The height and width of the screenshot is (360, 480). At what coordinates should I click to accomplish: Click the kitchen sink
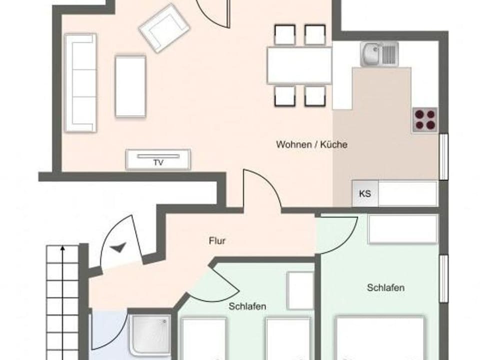click(x=379, y=54)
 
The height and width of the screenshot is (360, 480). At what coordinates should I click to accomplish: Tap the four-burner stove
click(x=424, y=119)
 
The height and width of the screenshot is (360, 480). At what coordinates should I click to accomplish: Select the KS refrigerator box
click(x=365, y=193)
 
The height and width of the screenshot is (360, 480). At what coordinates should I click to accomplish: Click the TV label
click(x=158, y=162)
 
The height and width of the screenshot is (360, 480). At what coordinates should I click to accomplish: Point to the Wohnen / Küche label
click(x=311, y=145)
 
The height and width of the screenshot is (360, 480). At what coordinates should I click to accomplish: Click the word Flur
click(x=217, y=241)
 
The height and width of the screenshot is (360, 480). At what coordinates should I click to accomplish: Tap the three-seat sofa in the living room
click(x=80, y=82)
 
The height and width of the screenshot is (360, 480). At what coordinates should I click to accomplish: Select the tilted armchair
click(x=164, y=28)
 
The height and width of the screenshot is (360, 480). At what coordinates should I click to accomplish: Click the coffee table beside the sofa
click(x=130, y=86)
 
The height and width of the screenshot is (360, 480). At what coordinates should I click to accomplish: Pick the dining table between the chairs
click(x=299, y=65)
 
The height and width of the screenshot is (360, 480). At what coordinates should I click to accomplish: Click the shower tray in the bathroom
click(x=150, y=334)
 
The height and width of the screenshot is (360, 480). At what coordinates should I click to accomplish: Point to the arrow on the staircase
click(x=62, y=250)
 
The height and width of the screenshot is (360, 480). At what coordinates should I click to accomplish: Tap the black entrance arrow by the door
click(x=119, y=247)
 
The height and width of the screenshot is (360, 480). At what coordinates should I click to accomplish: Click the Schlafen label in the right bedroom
click(x=385, y=287)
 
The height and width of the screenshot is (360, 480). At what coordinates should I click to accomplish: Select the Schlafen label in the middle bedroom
click(x=247, y=306)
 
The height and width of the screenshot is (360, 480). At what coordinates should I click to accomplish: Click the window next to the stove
click(x=443, y=156)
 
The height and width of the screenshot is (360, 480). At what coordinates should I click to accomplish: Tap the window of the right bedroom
click(x=443, y=278)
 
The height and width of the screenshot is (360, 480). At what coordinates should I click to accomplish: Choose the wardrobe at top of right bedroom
click(x=402, y=229)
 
